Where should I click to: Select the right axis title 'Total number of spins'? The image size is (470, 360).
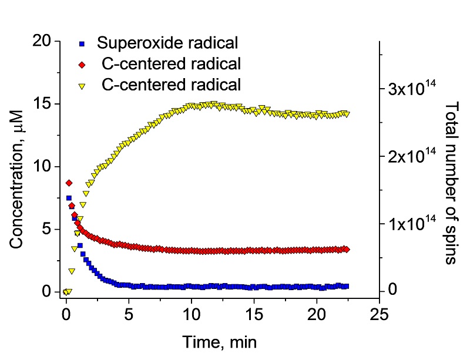[451, 182]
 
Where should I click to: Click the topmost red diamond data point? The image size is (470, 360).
[69, 183]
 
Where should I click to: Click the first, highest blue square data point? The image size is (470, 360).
[69, 198]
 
